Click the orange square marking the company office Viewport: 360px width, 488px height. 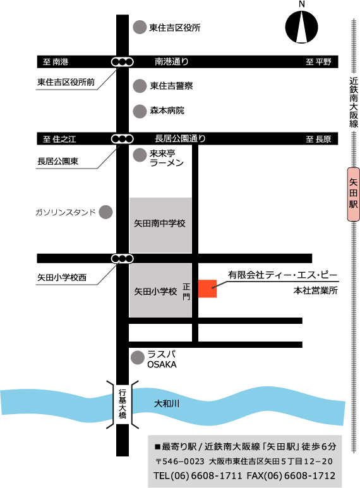[207, 288]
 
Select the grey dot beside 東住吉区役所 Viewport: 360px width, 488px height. [139, 28]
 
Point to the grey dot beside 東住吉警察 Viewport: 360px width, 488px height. [139, 85]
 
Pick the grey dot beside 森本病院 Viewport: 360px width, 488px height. [139, 110]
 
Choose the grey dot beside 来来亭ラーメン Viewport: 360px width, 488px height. [139, 154]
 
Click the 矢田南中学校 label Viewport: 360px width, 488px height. [160, 223]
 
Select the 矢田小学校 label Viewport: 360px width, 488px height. [155, 292]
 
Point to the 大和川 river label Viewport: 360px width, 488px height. [167, 403]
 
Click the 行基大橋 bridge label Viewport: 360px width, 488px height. [123, 406]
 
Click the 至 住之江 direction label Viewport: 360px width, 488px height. [59, 139]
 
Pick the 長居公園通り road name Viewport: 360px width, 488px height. [180, 139]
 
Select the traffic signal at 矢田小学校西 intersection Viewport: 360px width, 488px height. [122, 258]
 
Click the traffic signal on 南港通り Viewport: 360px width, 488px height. [122, 62]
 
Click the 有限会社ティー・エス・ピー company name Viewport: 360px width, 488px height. [283, 275]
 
